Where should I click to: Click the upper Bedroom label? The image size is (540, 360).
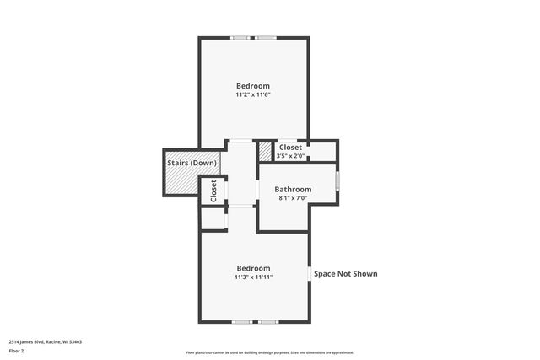[x=253, y=86]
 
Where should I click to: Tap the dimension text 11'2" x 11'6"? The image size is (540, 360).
[x=253, y=94]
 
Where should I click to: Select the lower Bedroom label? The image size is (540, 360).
[x=253, y=268]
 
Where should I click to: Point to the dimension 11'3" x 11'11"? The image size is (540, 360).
[x=253, y=277]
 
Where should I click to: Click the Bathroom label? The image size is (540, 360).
[x=293, y=190]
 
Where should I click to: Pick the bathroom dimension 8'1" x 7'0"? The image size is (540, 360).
[x=293, y=199]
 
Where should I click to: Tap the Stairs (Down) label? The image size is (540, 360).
[x=192, y=163]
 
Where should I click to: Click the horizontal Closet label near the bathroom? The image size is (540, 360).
[x=290, y=148]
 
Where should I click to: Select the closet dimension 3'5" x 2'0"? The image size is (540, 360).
[x=290, y=156]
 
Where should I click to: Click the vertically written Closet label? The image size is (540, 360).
[x=213, y=190]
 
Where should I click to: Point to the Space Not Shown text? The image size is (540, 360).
[x=345, y=273]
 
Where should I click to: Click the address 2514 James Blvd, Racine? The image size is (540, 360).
[x=46, y=342]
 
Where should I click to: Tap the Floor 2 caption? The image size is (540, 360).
[x=17, y=349]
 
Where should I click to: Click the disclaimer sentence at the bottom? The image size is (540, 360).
[x=270, y=352]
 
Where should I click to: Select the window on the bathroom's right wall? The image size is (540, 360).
[x=337, y=181]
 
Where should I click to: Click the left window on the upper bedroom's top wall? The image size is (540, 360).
[x=241, y=37]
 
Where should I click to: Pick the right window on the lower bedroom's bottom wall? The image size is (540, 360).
[x=268, y=322]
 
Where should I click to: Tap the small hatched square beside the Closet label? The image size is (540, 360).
[x=266, y=151]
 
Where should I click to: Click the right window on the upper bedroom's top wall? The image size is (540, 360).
[x=266, y=37]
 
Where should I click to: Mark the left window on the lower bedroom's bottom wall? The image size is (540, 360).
[x=242, y=322]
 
